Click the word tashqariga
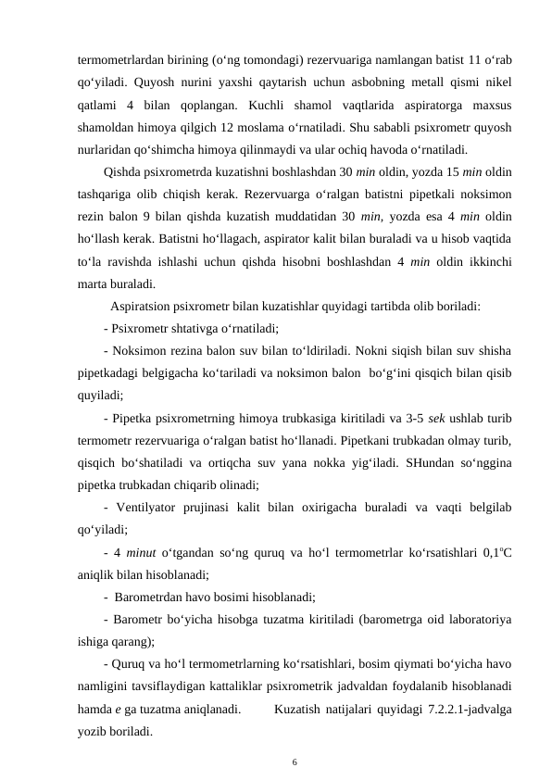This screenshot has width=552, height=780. click(x=107, y=196)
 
